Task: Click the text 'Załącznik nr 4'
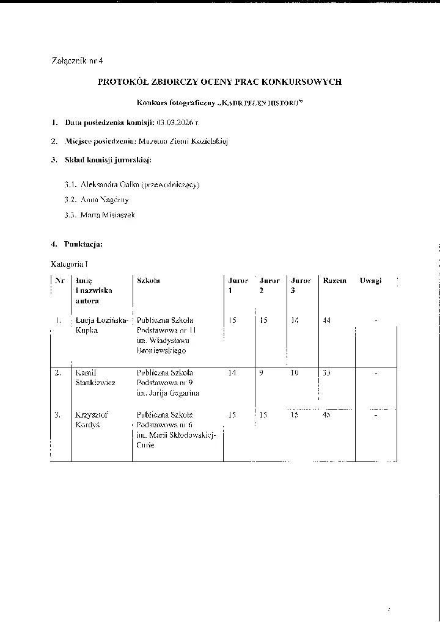tap(77, 60)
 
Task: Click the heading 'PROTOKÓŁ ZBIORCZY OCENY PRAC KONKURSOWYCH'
tap(220, 82)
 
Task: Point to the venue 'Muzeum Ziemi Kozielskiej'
tap(191, 142)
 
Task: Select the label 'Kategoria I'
tap(70, 264)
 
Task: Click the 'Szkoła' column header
tap(148, 281)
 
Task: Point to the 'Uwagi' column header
tap(370, 281)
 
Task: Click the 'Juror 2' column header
tap(269, 286)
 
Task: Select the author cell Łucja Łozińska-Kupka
tap(100, 325)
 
